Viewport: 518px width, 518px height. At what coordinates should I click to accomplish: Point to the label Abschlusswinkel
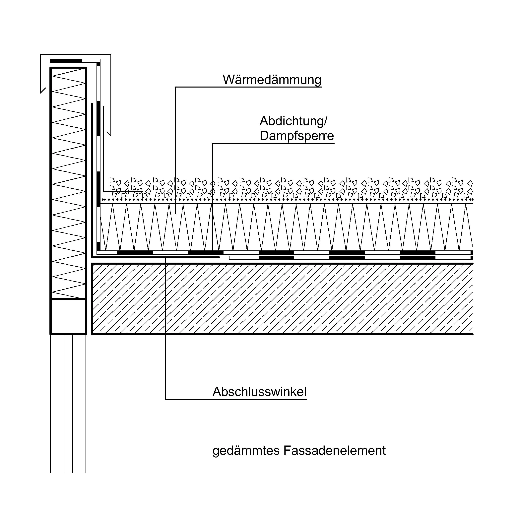coord(259,392)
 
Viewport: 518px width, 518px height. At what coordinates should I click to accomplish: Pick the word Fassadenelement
coord(334,450)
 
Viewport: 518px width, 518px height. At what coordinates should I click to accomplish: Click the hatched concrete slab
coord(282,299)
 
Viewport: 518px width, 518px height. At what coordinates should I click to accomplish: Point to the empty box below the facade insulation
coord(68,317)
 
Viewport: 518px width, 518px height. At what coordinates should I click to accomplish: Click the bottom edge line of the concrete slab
coord(282,334)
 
